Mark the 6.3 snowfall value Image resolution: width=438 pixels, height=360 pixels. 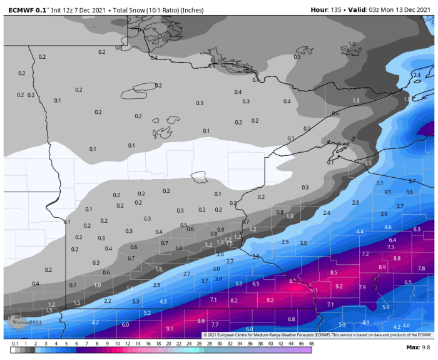pyautogui.click(x=417, y=229)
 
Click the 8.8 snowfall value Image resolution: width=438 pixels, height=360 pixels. pyautogui.click(x=397, y=258)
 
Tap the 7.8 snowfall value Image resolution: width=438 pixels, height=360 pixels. pyautogui.click(x=421, y=268)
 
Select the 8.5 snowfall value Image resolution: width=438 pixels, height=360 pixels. pyautogui.click(x=334, y=272)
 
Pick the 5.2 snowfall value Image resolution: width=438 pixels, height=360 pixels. pyautogui.click(x=147, y=312)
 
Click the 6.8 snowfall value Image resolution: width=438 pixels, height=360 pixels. pyautogui.click(x=291, y=319)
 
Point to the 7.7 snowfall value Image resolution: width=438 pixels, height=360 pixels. pyautogui.click(x=215, y=324)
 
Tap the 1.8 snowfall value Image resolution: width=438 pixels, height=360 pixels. pyautogui.click(x=407, y=99)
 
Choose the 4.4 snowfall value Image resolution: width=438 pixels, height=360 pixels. pyautogui.click(x=360, y=232)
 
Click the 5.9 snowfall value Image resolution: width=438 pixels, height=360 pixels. pyautogui.click(x=386, y=307)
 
